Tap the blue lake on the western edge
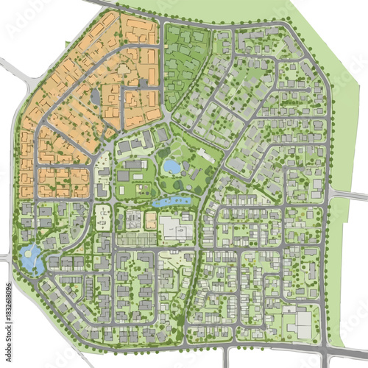32,258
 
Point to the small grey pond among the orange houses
96,96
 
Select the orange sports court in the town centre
151,220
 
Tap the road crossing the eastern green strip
346,194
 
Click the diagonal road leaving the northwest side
16,74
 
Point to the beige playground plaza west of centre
102,218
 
